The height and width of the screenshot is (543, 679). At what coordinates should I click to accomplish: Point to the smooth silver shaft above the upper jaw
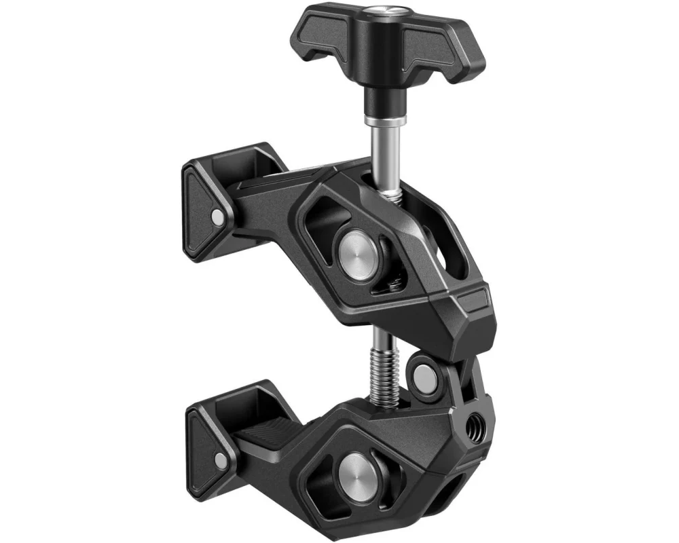click(382, 153)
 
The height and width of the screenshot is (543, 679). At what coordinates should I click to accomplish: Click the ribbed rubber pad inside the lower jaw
click(265, 448)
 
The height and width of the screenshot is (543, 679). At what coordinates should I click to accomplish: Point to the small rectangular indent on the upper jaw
click(473, 297)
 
